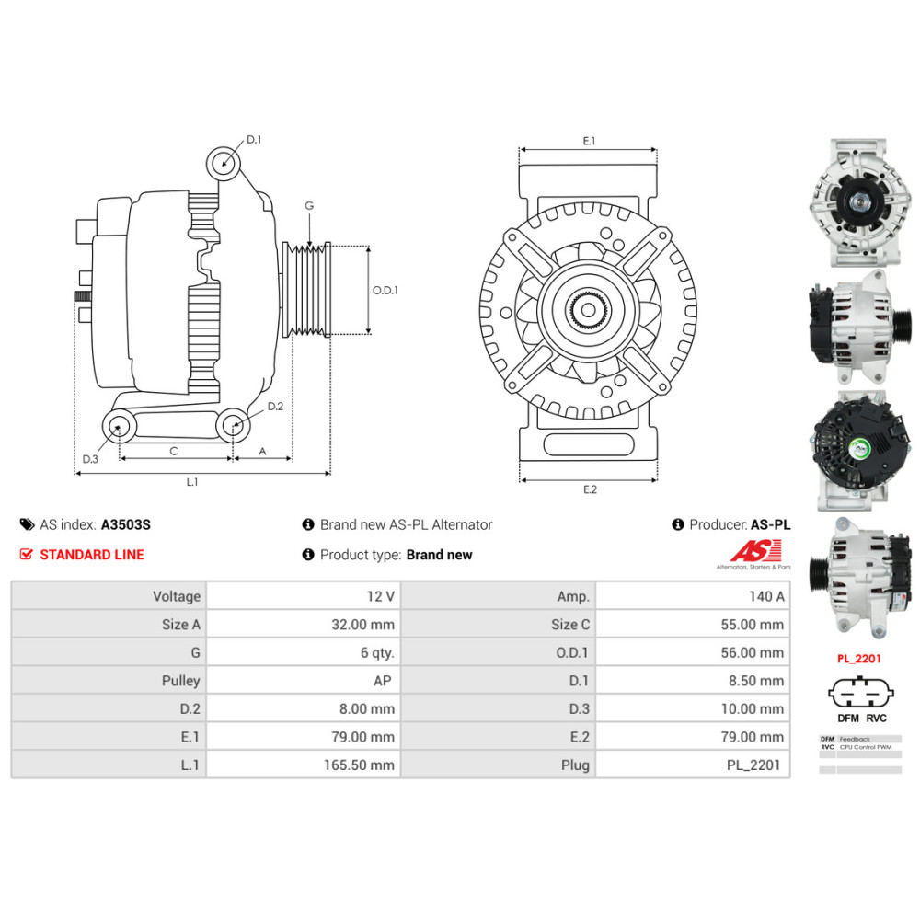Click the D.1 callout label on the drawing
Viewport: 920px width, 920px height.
click(x=254, y=140)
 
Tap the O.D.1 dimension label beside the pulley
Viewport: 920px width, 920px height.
click(x=385, y=290)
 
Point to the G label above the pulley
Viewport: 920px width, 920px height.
click(x=309, y=205)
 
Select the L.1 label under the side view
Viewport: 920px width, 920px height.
click(x=192, y=482)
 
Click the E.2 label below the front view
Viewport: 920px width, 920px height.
click(x=590, y=489)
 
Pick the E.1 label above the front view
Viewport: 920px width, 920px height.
click(x=589, y=141)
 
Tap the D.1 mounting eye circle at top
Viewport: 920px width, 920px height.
click(x=223, y=163)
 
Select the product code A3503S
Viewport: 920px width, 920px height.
click(x=125, y=525)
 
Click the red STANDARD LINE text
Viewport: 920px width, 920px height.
click(x=92, y=555)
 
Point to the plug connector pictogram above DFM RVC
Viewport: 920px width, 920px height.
click(x=862, y=693)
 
